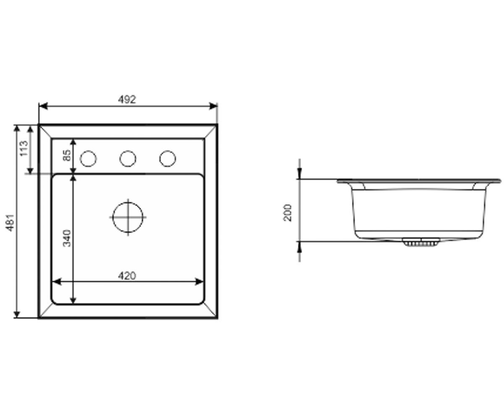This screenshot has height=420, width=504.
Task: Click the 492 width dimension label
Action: tap(127, 100)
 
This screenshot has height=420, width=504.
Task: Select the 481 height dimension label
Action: tap(10, 223)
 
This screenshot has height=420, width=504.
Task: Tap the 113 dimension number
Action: tap(24, 148)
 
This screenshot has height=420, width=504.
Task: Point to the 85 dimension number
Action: tap(67, 155)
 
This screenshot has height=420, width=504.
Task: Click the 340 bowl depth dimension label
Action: tap(67, 238)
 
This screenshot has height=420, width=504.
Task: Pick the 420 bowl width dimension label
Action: tap(127, 276)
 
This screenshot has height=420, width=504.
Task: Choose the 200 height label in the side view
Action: tap(287, 213)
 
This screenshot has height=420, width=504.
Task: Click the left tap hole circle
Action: tap(88, 159)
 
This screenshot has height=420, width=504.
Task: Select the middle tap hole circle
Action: tap(128, 159)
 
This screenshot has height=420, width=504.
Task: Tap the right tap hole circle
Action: tap(168, 159)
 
